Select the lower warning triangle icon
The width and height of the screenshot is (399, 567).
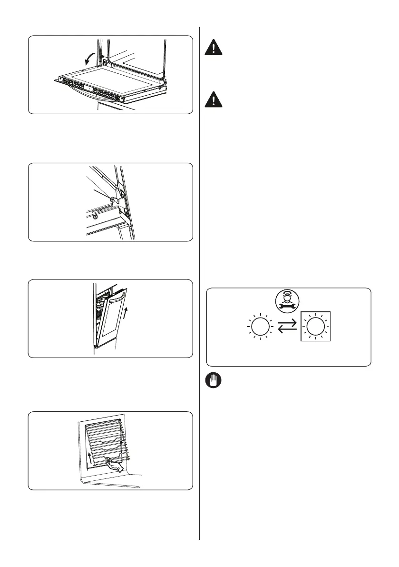click(x=213, y=99)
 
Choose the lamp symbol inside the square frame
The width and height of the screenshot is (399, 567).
click(x=313, y=328)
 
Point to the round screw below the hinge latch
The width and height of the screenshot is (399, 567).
click(x=97, y=217)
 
